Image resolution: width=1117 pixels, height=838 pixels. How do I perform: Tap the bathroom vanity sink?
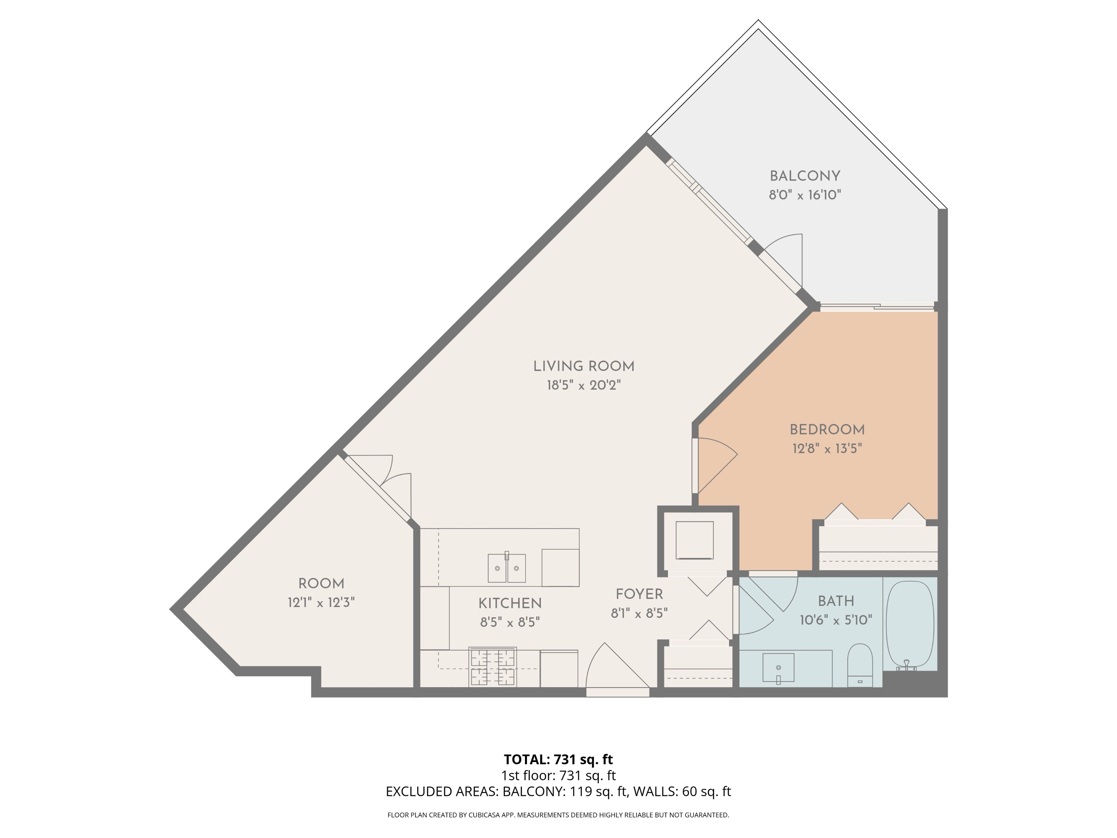778,668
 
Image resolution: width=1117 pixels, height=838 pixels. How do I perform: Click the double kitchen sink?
506,568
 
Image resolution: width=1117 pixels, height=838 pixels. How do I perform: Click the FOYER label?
639,594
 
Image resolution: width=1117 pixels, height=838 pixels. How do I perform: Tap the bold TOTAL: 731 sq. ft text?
558,759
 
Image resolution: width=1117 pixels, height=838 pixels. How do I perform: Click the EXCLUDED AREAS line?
558,791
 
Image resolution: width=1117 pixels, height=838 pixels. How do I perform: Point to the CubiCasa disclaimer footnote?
558,815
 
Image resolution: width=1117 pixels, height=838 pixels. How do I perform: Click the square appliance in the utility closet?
694,540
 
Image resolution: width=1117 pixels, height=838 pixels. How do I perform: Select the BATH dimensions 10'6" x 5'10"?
836,620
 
